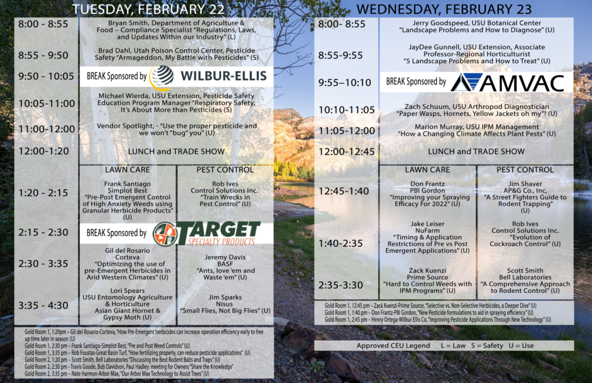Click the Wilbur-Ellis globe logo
point(162,77)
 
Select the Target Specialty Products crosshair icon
point(165,234)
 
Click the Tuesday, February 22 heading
point(149,9)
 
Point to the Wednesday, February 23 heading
point(444,9)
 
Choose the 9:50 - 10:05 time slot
point(46,76)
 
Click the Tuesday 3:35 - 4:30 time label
point(43,305)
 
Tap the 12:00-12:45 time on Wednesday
point(347,152)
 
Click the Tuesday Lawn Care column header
point(127,170)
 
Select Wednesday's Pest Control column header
point(525,170)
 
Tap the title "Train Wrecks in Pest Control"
point(225,200)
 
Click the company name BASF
point(225,264)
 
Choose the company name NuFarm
point(427,230)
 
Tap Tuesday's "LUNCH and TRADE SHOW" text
point(176,152)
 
